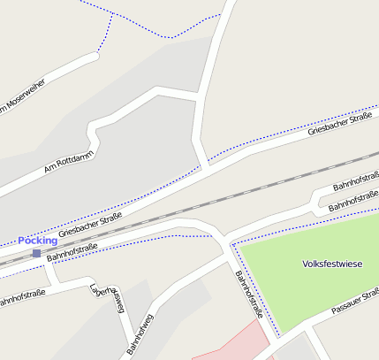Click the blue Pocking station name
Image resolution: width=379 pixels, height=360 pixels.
[37, 240]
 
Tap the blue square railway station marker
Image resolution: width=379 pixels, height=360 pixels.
[36, 254]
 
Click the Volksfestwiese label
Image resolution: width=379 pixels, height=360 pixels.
[332, 264]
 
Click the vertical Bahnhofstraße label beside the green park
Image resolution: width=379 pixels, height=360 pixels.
[249, 294]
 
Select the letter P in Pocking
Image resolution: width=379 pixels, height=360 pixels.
[21, 240]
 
